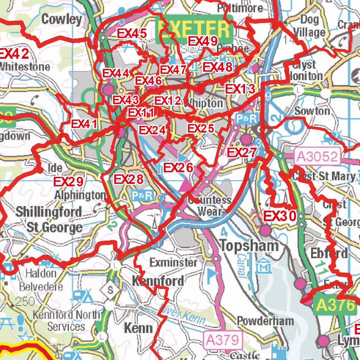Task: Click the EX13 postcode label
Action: tap(240, 89)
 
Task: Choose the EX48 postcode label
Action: tap(218, 67)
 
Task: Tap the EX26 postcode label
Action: tap(179, 168)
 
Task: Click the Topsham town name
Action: tap(249, 246)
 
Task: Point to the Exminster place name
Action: tap(173, 262)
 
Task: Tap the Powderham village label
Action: tap(265, 321)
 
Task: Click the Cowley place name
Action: tap(62, 19)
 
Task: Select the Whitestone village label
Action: tap(25, 66)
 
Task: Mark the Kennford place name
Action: tap(158, 281)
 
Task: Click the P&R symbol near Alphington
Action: tap(142, 195)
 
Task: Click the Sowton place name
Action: tap(312, 111)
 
